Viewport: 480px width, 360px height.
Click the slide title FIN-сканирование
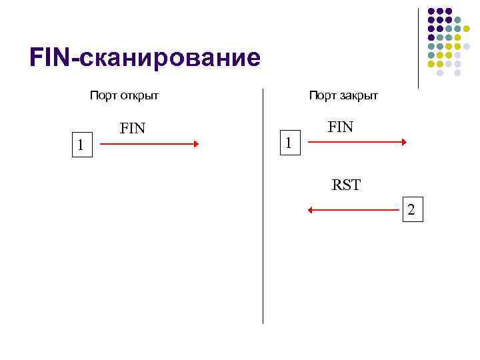pos(145,58)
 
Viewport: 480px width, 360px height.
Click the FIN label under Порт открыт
pos(132,128)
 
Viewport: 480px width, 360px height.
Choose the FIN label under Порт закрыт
pos(341,127)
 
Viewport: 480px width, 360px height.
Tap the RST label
pos(346,185)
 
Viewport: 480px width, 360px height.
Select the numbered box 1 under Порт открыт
pos(80,144)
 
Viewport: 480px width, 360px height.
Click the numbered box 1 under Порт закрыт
pos(288,143)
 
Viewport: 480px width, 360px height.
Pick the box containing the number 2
pos(411,210)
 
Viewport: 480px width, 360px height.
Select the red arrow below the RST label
pos(353,211)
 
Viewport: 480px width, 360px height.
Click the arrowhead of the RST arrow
pos(310,211)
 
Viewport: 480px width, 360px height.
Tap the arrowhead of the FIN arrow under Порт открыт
pos(196,143)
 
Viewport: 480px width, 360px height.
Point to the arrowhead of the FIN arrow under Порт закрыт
pos(404,142)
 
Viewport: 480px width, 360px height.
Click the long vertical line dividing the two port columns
pos(263,207)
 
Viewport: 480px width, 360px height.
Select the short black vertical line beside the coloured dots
pos(418,48)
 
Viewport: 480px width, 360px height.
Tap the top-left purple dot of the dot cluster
pos(431,11)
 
